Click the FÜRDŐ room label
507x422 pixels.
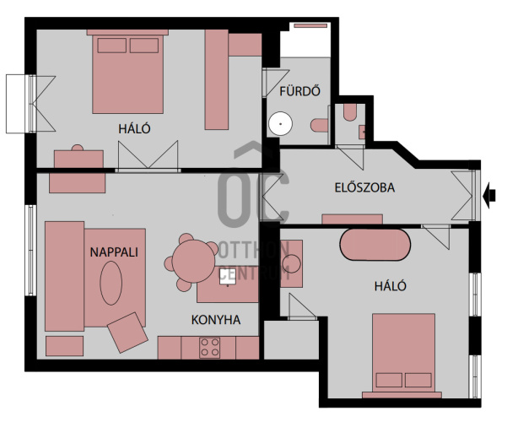pos(299,91)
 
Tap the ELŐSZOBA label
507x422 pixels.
pos(364,187)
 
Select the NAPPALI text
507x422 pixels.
pos(114,252)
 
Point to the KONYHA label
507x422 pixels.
pos(216,320)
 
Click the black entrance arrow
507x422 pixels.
pos(489,195)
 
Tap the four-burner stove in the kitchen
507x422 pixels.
pos(209,348)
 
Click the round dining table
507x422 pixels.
pos(193,261)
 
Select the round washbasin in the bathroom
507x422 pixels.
pos(280,123)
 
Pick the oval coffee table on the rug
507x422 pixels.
pos(111,284)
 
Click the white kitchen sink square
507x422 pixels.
pos(228,276)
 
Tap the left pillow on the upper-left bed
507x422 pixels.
pos(112,46)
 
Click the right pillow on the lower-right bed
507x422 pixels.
pos(418,380)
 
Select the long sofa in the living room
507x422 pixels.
pos(64,276)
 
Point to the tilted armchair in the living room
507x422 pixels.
pos(127,333)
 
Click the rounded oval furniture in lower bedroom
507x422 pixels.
pos(375,245)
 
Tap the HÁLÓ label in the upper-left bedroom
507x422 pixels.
pos(134,129)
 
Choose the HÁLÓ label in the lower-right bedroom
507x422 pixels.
pos(391,286)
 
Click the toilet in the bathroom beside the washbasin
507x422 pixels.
pos(320,125)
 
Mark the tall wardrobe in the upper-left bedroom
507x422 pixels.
pos(217,79)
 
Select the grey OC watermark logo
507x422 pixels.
pos(253,186)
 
